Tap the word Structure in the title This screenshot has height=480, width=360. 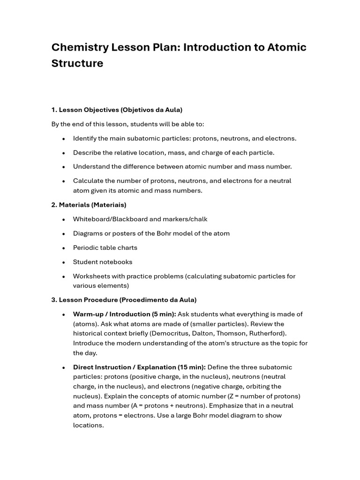coord(77,63)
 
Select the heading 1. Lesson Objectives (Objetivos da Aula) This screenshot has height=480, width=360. coord(117,110)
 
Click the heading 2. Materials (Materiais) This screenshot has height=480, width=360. coord(89,205)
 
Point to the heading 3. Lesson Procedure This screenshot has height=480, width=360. coord(124,300)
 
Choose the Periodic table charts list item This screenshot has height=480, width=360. coord(105,247)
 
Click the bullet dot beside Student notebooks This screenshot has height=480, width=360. coord(63,262)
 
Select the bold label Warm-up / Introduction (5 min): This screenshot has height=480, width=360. coord(124,314)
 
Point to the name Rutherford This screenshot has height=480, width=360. coord(267,333)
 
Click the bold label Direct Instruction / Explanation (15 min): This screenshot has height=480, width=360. coord(139,367)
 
